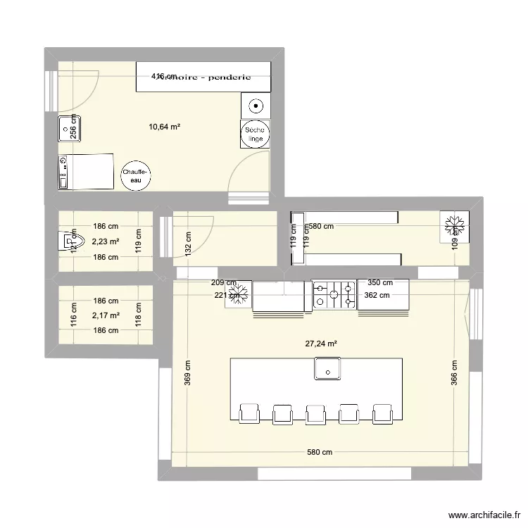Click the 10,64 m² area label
tap(164, 127)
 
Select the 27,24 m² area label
tap(320, 344)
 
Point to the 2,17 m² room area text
tap(106, 315)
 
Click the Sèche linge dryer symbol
tap(254, 134)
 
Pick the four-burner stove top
tap(333, 295)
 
